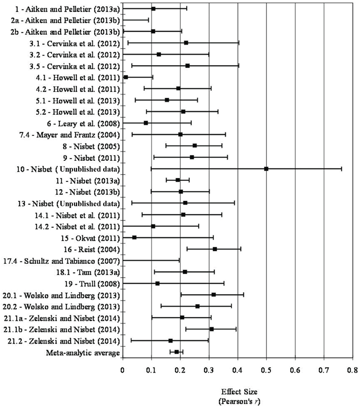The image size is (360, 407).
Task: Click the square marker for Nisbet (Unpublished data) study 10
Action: coord(266,169)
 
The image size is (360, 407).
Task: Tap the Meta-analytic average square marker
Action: coord(176,352)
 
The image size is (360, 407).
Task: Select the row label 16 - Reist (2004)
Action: coord(96,249)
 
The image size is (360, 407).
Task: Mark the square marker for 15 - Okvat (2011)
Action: coord(135,237)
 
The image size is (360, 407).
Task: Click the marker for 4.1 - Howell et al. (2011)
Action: coord(126,77)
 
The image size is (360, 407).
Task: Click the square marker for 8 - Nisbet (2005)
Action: coord(195,146)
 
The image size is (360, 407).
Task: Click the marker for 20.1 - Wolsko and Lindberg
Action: coord(214,295)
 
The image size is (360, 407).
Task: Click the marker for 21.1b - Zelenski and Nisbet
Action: coord(212,329)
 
